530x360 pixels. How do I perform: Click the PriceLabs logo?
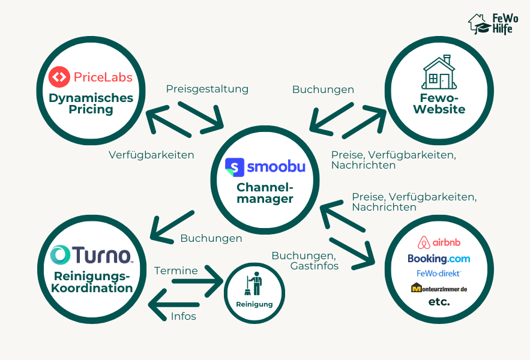pyautogui.click(x=91, y=77)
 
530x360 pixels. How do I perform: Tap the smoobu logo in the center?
pyautogui.click(x=265, y=166)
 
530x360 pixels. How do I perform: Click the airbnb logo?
pyautogui.click(x=439, y=242)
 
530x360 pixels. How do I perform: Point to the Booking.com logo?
pyautogui.click(x=439, y=259)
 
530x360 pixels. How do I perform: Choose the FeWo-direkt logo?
pyautogui.click(x=439, y=274)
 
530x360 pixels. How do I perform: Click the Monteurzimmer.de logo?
pyautogui.click(x=439, y=289)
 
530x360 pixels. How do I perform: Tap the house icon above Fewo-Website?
pyautogui.click(x=439, y=73)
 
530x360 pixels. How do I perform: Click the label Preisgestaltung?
pyautogui.click(x=207, y=89)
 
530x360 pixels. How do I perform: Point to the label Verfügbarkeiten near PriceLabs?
pyautogui.click(x=151, y=155)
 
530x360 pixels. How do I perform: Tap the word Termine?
pyautogui.click(x=176, y=271)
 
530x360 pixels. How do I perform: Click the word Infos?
pyautogui.click(x=183, y=316)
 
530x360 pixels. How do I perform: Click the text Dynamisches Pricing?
pyautogui.click(x=91, y=103)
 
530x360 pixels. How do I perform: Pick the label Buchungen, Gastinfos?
pyautogui.click(x=305, y=260)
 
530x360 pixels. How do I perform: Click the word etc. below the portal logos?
pyautogui.click(x=439, y=302)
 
